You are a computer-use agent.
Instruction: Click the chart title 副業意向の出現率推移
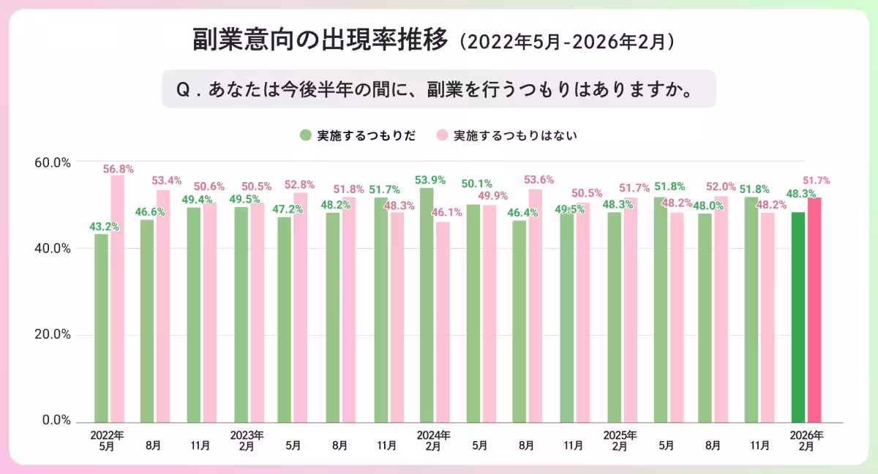pyautogui.click(x=320, y=40)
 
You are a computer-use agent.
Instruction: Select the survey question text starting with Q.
pyautogui.click(x=438, y=89)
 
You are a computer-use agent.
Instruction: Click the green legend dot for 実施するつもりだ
pyautogui.click(x=305, y=135)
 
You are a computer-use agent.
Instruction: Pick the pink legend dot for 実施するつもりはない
pyautogui.click(x=442, y=135)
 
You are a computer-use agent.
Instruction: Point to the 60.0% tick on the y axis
pyautogui.click(x=53, y=162)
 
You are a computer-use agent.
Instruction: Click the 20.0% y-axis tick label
pyautogui.click(x=53, y=335)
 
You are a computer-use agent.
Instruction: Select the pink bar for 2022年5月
pyautogui.click(x=117, y=298)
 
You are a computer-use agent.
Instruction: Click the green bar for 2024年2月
pyautogui.click(x=427, y=304)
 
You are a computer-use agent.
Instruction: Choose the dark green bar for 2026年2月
pyautogui.click(x=798, y=317)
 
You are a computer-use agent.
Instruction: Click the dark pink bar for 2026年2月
pyautogui.click(x=814, y=309)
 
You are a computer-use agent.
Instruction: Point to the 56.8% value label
pyautogui.click(x=118, y=169)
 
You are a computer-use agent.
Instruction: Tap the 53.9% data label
pyautogui.click(x=429, y=180)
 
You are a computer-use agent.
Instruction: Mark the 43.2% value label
pyautogui.click(x=104, y=227)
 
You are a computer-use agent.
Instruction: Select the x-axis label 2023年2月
pyautogui.click(x=247, y=440)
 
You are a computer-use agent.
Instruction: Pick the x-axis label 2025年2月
pyautogui.click(x=620, y=440)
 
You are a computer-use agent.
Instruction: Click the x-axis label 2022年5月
pyautogui.click(x=107, y=440)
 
